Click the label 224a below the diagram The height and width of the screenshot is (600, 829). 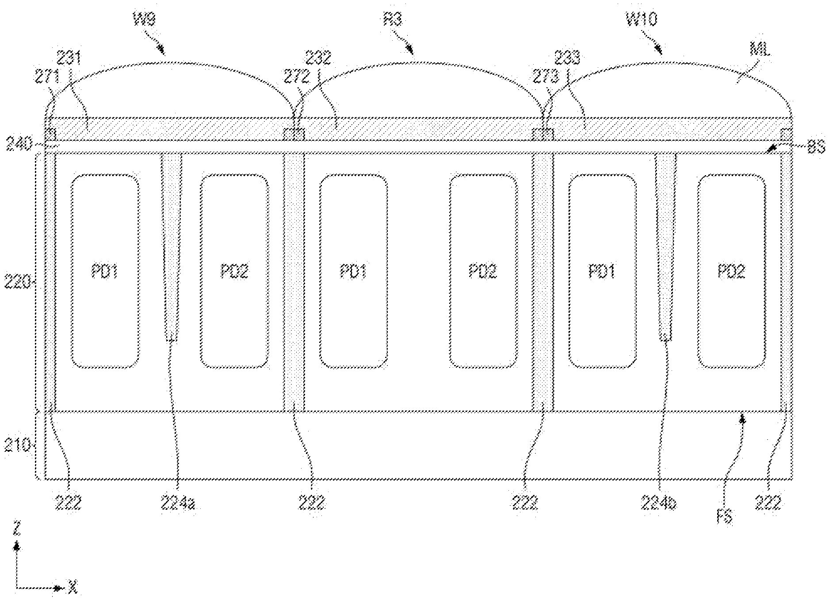[178, 503]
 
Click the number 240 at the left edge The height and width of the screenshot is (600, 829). [17, 144]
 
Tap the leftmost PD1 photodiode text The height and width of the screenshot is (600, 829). [105, 271]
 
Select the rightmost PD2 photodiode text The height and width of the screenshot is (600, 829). [731, 271]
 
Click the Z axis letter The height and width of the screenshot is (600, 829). [16, 531]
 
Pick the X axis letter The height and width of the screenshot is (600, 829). [73, 588]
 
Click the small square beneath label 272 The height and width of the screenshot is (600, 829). [294, 134]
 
